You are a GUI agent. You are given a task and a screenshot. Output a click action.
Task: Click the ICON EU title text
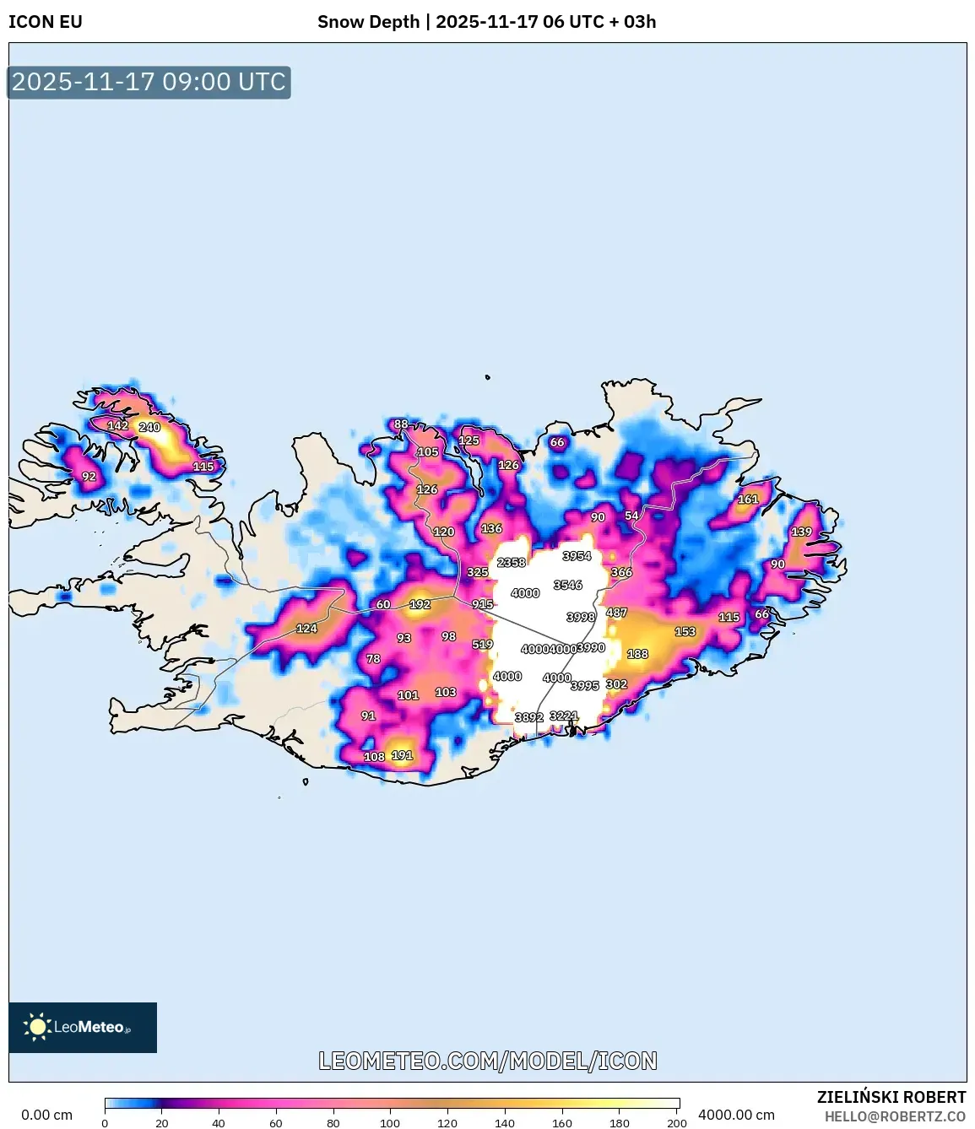click(46, 22)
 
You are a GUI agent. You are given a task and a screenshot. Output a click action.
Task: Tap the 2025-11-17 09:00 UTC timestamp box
click(149, 82)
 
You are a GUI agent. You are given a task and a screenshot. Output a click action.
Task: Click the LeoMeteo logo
click(83, 1027)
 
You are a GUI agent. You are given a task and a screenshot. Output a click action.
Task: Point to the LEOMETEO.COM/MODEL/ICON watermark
click(488, 1061)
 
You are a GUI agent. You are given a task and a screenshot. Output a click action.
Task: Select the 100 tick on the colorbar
click(390, 1122)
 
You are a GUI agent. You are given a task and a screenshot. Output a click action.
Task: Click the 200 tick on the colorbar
click(677, 1122)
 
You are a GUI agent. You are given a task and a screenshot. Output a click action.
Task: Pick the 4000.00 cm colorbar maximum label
click(736, 1115)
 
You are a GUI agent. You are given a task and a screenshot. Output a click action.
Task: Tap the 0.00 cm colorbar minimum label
click(46, 1115)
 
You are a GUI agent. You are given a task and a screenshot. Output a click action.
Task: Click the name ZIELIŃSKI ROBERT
click(891, 1097)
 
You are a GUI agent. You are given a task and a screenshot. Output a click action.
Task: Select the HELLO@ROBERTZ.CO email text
click(895, 1116)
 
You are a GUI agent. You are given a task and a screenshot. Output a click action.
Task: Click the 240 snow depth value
click(149, 427)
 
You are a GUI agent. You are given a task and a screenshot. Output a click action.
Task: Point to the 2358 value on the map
click(512, 562)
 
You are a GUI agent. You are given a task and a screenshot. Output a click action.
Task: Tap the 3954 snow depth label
click(577, 555)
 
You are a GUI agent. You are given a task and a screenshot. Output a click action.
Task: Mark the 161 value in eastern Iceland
click(748, 499)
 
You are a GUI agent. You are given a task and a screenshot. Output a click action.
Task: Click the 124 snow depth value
click(306, 628)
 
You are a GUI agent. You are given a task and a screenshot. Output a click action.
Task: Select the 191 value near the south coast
click(402, 755)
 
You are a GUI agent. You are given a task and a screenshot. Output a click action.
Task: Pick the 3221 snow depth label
click(564, 716)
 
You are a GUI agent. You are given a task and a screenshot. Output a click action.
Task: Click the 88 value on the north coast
click(401, 424)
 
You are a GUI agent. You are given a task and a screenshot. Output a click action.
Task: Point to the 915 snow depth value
click(482, 604)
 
